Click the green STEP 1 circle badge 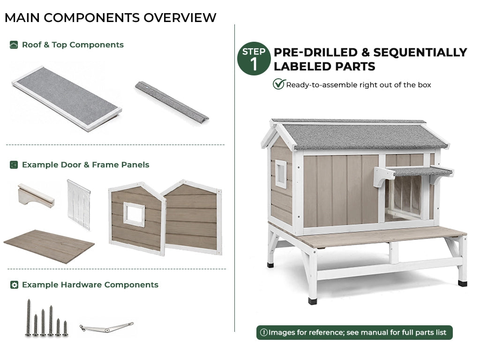[x=254, y=59]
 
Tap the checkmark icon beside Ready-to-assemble [x=279, y=84]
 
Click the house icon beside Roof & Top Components [x=14, y=45]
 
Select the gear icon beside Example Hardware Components [x=14, y=285]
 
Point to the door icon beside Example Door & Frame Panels [x=14, y=165]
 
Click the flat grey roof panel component [x=67, y=98]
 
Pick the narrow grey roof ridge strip [x=172, y=101]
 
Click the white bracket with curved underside [x=36, y=195]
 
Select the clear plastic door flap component [x=79, y=205]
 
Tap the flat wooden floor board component [x=49, y=247]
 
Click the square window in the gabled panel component [x=134, y=214]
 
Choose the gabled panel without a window [x=192, y=217]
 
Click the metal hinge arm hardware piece [x=106, y=328]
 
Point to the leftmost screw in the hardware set [x=29, y=318]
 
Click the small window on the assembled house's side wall [x=281, y=173]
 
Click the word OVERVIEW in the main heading [x=180, y=18]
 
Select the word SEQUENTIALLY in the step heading [x=420, y=52]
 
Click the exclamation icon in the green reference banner [x=263, y=332]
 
